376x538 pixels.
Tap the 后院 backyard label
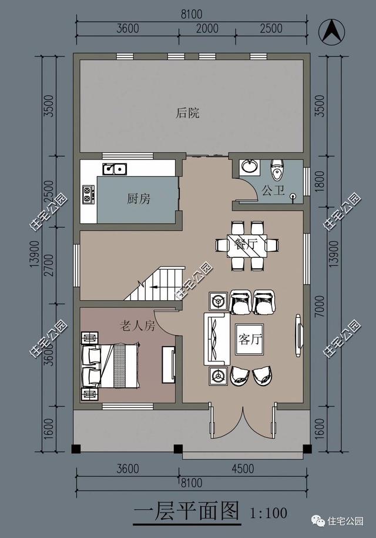tap(187, 113)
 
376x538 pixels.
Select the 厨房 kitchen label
tap(139, 199)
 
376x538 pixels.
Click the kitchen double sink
tap(115, 169)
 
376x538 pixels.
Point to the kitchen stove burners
tap(89, 194)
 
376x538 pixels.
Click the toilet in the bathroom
tap(276, 170)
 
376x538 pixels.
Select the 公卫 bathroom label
tap(273, 191)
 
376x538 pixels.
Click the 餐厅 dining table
tap(247, 244)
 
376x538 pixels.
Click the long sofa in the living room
tap(216, 338)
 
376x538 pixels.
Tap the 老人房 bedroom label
tap(137, 326)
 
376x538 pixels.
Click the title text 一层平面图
tap(187, 512)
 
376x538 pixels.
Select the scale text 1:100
tap(268, 513)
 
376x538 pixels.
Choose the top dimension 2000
tap(207, 28)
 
